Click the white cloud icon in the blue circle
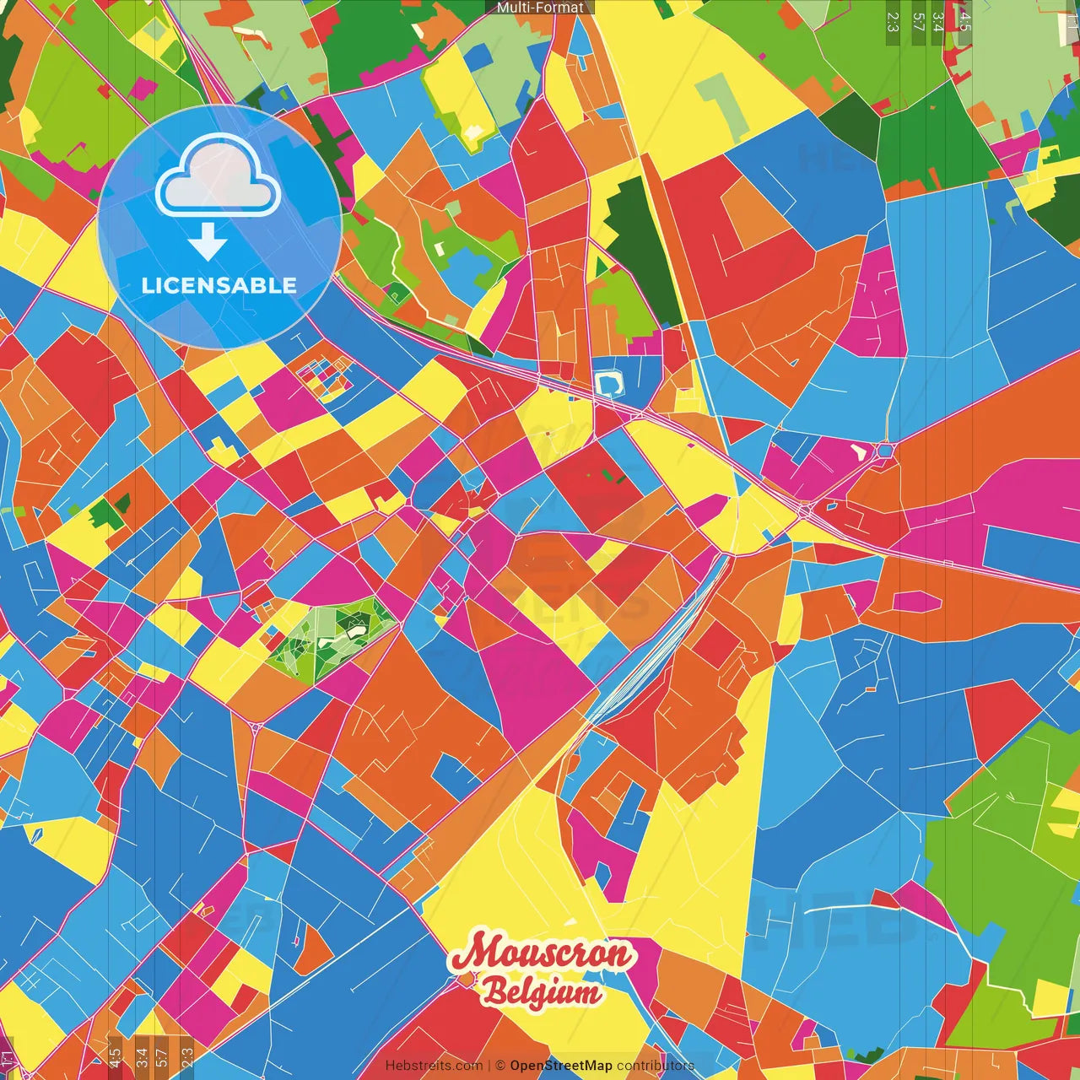pos(218,179)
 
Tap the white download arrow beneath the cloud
pos(208,244)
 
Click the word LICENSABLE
pos(219,285)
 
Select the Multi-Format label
pos(540,8)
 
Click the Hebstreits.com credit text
pos(434,1066)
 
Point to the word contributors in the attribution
pos(655,1066)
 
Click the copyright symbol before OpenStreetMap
pos(499,1066)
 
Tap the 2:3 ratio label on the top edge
pos(893,21)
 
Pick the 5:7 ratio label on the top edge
pos(918,21)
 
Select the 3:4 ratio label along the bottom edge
pos(141,1058)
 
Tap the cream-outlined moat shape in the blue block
pos(607,384)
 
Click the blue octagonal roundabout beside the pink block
pos(884,451)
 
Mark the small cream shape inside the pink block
pos(859,451)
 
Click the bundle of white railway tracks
pos(650,650)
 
